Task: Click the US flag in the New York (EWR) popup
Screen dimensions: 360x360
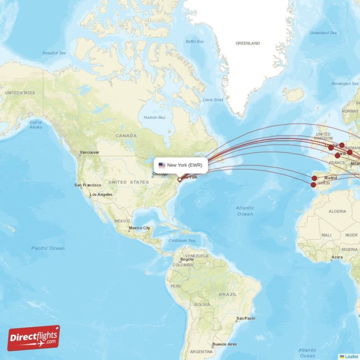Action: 162,165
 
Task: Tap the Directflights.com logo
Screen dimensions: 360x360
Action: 34,338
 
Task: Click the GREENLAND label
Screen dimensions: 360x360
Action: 247,43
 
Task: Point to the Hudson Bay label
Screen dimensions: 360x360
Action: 154,117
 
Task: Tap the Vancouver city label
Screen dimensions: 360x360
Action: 89,153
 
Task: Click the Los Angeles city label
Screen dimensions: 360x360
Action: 101,194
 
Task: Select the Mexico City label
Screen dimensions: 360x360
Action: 139,228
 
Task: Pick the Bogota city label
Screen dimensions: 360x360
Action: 187,259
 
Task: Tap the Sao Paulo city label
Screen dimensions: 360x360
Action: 246,318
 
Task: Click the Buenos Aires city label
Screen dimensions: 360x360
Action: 225,344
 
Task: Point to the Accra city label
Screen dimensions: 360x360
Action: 337,257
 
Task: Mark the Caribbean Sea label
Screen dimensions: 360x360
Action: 182,241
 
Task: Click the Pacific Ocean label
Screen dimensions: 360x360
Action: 48,248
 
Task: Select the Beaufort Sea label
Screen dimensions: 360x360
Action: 54,53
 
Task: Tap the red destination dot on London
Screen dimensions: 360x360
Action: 331,147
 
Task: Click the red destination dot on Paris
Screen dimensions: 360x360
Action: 337,155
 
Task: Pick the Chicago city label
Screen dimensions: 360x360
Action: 160,174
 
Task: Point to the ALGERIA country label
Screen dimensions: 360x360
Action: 337,211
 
